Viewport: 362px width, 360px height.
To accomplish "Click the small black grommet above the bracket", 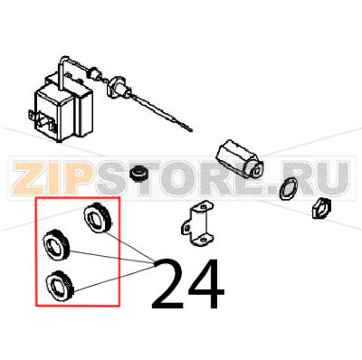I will pos(139,172).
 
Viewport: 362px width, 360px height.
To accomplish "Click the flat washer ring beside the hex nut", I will pos(289,191).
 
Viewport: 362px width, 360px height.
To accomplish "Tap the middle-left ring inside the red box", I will pos(57,244).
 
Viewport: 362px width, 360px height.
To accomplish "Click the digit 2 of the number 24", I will pos(169,284).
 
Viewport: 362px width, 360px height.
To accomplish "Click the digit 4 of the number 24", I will pos(205,284).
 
